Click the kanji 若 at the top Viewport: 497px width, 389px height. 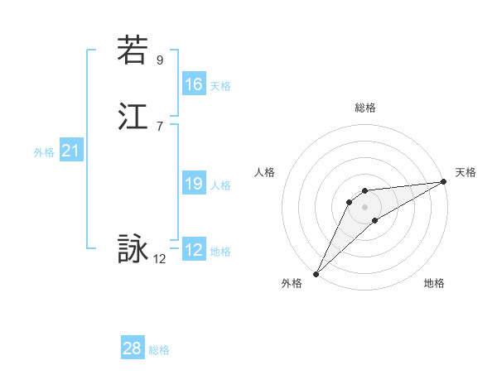pos(133,50)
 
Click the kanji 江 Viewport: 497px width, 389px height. pos(133,117)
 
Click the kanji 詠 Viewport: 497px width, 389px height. pos(133,249)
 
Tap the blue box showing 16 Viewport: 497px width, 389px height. pos(194,84)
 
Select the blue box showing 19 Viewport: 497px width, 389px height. pos(194,184)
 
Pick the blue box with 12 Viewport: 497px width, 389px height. pos(194,251)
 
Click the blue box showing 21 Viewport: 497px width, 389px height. pos(71,151)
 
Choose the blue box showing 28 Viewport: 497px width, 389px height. pos(133,349)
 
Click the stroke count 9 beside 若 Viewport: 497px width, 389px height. pos(160,60)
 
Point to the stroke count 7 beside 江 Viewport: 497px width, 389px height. pos(160,126)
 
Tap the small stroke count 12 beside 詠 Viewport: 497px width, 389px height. pos(160,259)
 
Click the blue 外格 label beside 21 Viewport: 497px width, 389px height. pos(44,152)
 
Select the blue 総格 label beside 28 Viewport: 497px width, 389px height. pos(159,351)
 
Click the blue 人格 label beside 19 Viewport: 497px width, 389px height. pos(220,185)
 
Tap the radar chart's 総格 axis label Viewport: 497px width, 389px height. pos(365,108)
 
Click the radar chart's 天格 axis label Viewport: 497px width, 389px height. pos(466,172)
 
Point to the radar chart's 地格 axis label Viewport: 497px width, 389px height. pos(434,283)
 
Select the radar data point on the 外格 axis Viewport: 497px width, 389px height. pos(316,273)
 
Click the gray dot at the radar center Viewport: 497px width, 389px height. pos(365,206)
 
